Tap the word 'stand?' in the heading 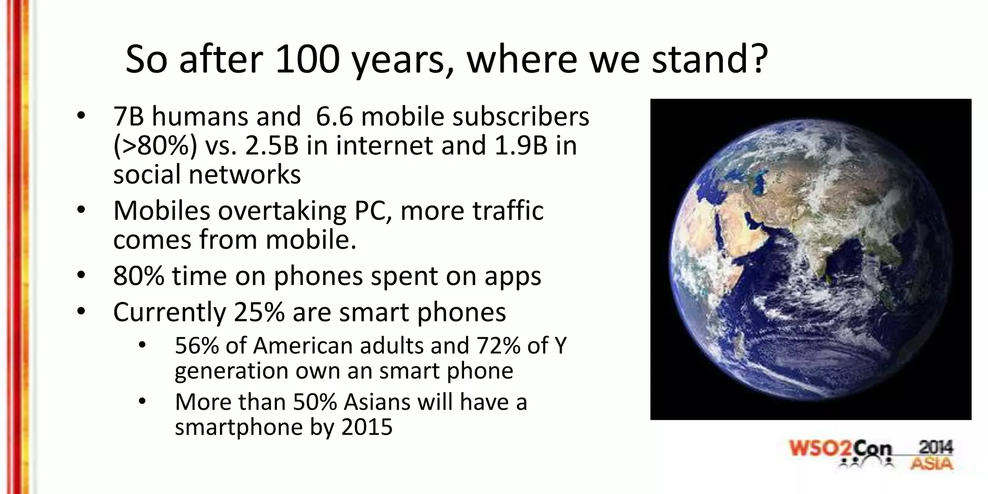(x=710, y=60)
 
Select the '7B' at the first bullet (x=128, y=117)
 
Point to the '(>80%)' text (x=155, y=146)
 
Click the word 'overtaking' (x=282, y=211)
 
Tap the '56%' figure (x=197, y=346)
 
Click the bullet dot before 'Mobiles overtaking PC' (x=81, y=210)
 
